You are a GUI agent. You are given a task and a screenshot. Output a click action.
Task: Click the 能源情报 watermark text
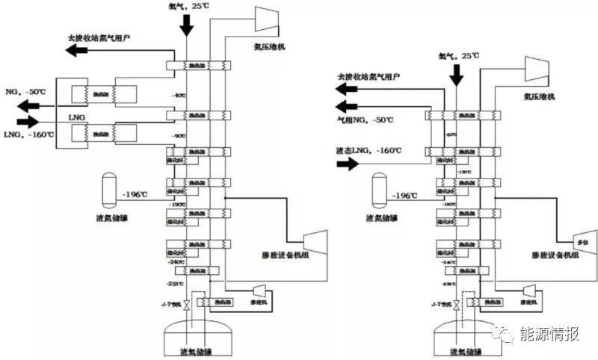[552, 334]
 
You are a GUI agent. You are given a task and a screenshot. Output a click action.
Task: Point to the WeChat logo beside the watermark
[509, 334]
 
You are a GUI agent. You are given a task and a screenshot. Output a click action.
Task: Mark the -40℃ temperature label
[177, 96]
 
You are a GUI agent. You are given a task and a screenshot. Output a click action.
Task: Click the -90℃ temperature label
[177, 136]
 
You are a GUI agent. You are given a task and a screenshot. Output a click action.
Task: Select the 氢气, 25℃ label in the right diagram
[457, 55]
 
